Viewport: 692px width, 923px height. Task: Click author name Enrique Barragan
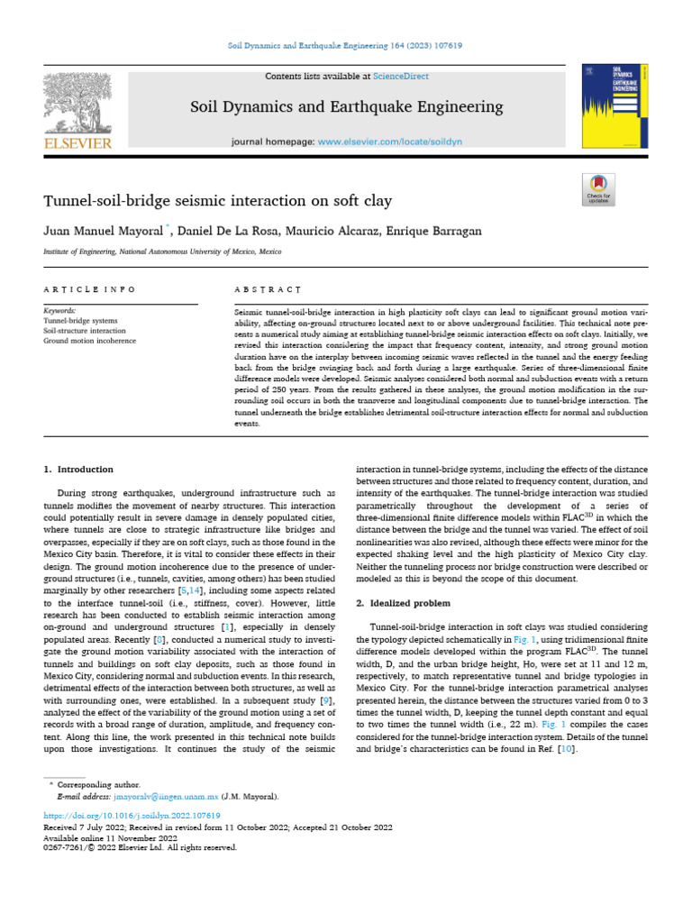(438, 232)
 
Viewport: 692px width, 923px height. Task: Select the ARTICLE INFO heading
(89, 289)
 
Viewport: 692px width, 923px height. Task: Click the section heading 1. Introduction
(79, 469)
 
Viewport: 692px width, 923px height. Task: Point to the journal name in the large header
(347, 107)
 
